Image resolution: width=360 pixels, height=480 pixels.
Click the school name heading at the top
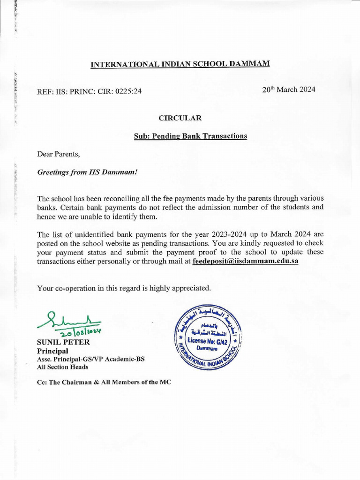coord(180,64)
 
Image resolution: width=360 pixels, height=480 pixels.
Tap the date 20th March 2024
coord(289,90)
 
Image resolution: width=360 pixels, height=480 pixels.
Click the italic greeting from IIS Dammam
coord(87,172)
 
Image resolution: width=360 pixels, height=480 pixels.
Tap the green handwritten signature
coord(68,320)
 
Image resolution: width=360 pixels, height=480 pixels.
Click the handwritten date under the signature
coord(78,332)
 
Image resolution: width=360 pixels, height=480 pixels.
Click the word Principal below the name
coord(52,351)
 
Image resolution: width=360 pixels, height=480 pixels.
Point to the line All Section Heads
coord(62,367)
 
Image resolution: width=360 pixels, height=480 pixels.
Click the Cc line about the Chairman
coord(104,382)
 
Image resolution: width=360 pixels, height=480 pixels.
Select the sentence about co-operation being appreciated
coord(124,288)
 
